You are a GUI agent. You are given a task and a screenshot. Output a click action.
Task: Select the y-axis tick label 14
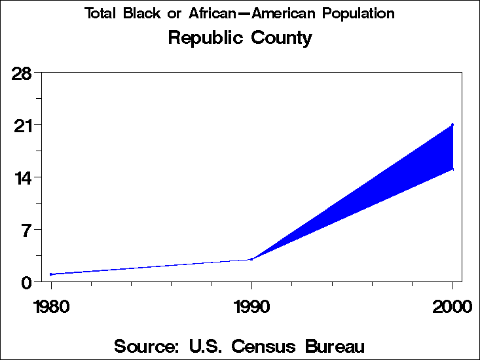tap(23, 177)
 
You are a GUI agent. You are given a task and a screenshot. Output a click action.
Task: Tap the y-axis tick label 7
tap(26, 230)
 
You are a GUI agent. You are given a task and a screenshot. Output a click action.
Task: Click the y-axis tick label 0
tap(26, 282)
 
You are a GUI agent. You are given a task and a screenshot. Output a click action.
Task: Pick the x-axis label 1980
tap(51, 306)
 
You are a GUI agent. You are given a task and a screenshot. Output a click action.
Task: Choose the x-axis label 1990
tap(251, 306)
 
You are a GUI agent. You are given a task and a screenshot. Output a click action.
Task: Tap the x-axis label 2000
tap(452, 306)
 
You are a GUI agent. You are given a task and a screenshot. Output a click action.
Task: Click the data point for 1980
tap(51, 274)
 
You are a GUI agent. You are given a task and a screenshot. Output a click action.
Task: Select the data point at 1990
tap(251, 259)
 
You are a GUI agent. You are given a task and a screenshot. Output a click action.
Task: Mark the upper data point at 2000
tap(452, 124)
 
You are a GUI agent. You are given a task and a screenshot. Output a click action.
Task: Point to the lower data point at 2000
tap(452, 170)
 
